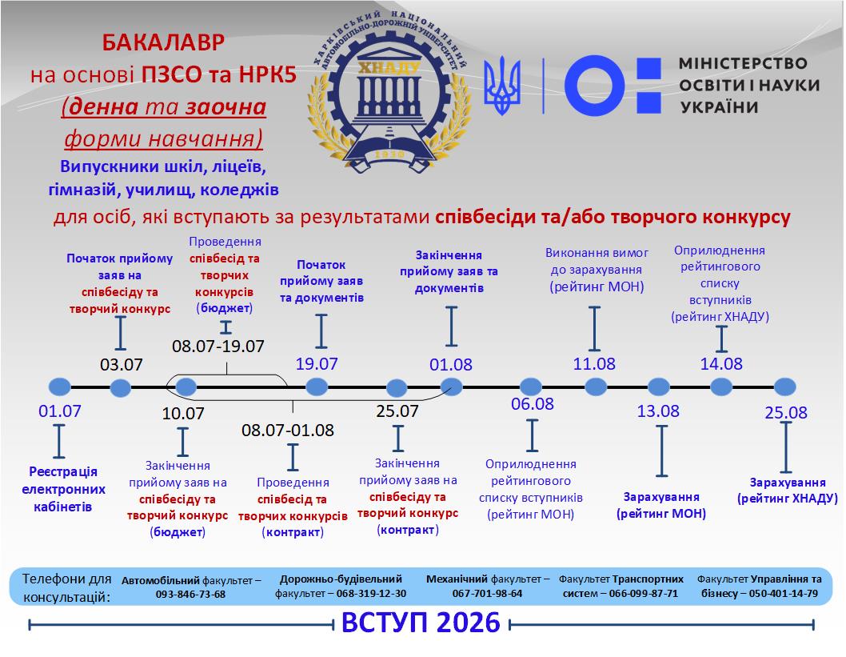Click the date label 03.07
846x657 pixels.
click(122, 365)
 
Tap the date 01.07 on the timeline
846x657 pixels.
click(60, 412)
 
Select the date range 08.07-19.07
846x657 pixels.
click(218, 347)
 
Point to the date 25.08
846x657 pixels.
click(785, 413)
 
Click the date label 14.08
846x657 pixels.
click(721, 364)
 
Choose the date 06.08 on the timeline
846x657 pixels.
click(533, 403)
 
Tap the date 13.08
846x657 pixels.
click(658, 411)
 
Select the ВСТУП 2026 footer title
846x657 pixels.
click(421, 623)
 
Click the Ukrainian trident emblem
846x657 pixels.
click(503, 85)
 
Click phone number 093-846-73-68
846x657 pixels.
click(191, 594)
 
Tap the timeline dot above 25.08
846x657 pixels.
click(784, 387)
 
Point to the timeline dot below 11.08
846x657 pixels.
click(596, 387)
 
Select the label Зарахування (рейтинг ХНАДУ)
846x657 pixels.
click(787, 491)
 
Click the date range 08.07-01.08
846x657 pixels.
click(288, 430)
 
